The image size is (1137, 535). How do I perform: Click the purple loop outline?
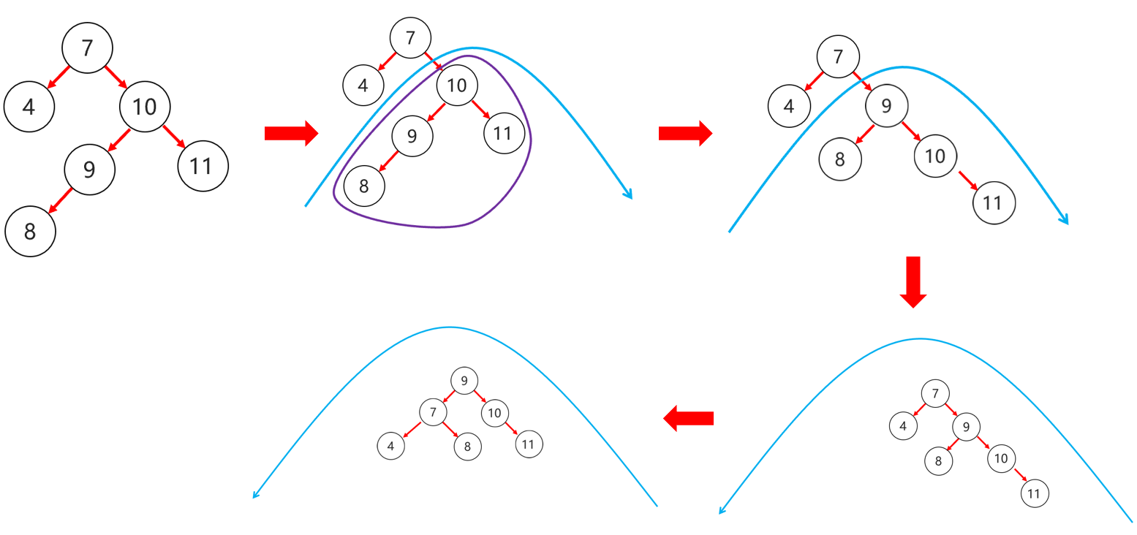click(439, 227)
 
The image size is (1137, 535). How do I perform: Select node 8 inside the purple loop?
click(364, 186)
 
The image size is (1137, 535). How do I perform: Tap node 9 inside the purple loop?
click(412, 136)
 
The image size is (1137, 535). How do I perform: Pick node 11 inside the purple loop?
click(503, 134)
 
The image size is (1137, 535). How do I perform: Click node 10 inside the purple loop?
click(457, 86)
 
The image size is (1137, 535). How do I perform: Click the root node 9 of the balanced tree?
click(464, 381)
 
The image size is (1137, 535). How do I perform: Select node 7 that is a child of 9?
click(433, 412)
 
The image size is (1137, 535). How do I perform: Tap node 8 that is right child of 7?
click(467, 446)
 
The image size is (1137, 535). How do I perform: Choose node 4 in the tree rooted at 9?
click(391, 446)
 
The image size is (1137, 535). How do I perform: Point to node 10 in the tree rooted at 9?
click(494, 413)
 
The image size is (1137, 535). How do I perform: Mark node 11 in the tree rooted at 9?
click(529, 444)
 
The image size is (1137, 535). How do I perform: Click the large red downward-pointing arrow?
click(913, 281)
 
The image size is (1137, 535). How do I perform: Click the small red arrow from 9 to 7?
click(448, 396)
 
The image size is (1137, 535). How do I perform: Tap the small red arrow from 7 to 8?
click(450, 429)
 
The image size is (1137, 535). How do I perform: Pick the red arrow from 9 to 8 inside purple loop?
click(388, 161)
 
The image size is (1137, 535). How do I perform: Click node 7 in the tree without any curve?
click(87, 48)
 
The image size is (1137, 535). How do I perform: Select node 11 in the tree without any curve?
click(203, 166)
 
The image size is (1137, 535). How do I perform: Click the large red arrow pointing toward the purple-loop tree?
click(291, 133)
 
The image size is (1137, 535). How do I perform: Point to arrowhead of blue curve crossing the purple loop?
click(628, 195)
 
